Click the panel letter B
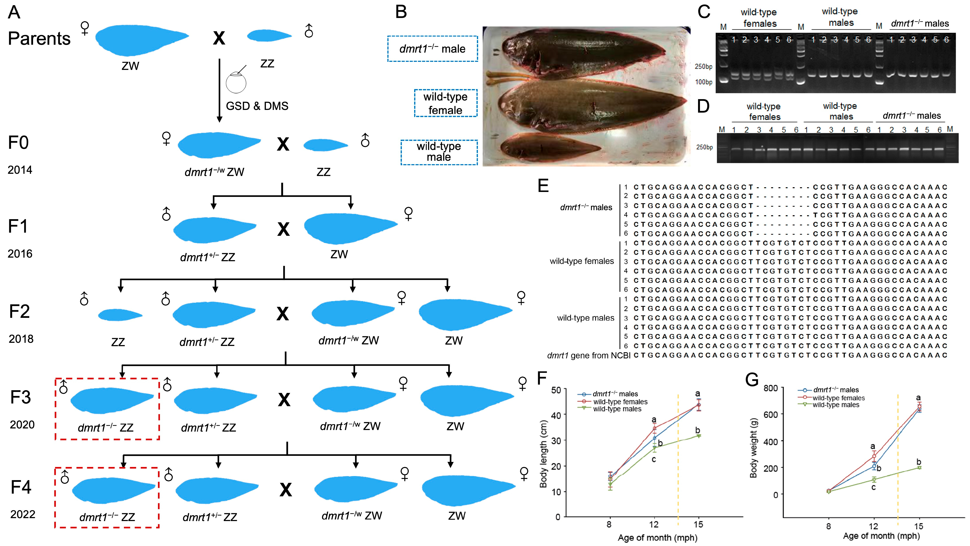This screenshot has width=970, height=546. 401,12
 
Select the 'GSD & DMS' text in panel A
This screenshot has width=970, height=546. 257,106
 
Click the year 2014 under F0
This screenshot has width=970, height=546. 20,170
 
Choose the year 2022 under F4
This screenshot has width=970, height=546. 22,514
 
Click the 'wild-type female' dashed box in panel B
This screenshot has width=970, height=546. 445,103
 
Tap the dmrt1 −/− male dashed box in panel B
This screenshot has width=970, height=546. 432,49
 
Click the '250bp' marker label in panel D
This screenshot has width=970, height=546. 704,147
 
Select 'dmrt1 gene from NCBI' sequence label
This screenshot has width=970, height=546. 588,355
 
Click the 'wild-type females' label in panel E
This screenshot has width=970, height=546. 582,261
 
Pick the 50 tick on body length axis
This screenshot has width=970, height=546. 556,390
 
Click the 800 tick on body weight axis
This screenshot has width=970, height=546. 770,388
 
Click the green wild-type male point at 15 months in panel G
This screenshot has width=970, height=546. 919,468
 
